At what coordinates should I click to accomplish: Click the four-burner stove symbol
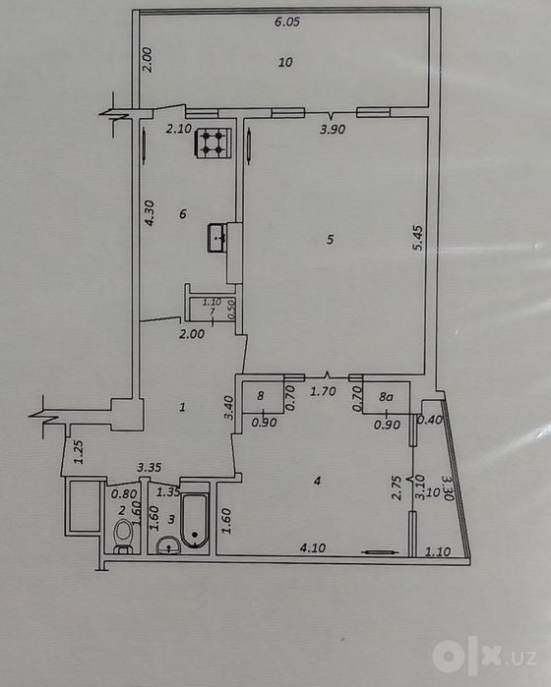coord(213,143)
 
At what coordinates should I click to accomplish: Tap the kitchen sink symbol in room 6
coord(217,238)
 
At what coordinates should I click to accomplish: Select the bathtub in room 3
coord(195,521)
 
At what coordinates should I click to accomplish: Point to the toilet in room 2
coord(122,537)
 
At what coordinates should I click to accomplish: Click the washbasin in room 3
coord(168,545)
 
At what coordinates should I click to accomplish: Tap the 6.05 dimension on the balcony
coord(287,22)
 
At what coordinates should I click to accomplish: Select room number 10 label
coord(285,62)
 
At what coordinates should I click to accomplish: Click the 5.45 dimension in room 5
coord(418,238)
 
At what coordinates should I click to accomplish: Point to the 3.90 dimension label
coord(333,130)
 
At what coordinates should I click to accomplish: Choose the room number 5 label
coord(331,239)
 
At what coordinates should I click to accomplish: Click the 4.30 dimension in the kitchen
coord(150,213)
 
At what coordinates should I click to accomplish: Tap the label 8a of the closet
coord(386,397)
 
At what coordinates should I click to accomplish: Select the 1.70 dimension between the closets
coord(323,391)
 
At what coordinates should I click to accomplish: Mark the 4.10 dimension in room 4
coord(313,547)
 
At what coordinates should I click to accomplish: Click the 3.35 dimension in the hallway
coord(150,468)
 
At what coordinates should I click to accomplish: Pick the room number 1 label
coord(182,408)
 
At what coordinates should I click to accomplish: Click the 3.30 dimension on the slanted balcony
coord(448,489)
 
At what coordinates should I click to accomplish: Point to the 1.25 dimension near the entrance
coord(78,452)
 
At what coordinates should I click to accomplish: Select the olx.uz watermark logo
coord(484,657)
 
